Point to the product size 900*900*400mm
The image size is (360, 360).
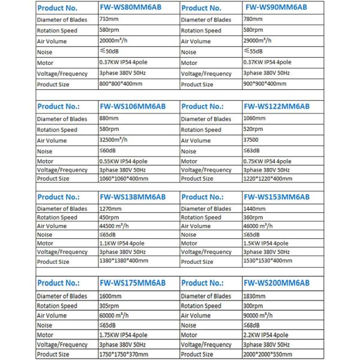[265, 83]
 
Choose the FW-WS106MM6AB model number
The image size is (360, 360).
[134, 106]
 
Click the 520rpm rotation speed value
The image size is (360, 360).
[254, 129]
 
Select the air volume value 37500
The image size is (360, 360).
[251, 140]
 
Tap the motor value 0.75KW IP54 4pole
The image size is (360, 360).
[268, 161]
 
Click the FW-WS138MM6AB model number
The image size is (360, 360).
[133, 197]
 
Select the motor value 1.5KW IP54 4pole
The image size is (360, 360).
[266, 243]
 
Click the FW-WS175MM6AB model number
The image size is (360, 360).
[133, 283]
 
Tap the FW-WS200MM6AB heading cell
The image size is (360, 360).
[277, 283]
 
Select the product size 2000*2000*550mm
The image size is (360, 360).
[268, 354]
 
